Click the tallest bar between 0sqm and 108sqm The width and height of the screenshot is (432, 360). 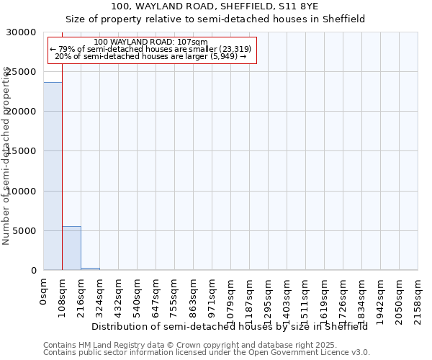(x=53, y=176)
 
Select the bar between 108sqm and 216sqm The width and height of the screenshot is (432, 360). (x=71, y=248)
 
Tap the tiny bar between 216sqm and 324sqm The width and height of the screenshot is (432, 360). (x=90, y=269)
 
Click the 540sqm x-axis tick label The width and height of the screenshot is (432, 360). (x=138, y=297)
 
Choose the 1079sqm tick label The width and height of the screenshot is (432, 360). (x=231, y=299)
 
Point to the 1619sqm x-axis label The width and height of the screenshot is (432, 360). (x=325, y=299)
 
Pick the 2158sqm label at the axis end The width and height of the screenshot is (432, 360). (x=418, y=299)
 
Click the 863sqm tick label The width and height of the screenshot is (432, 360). (x=194, y=297)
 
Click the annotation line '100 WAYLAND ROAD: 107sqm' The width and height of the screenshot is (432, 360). (x=150, y=42)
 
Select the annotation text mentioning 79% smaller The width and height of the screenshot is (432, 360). (x=150, y=49)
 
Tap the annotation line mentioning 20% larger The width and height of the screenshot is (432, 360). (x=150, y=56)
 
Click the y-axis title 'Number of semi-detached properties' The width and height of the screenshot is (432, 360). (x=6, y=156)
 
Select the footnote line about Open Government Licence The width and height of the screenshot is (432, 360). (x=207, y=353)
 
